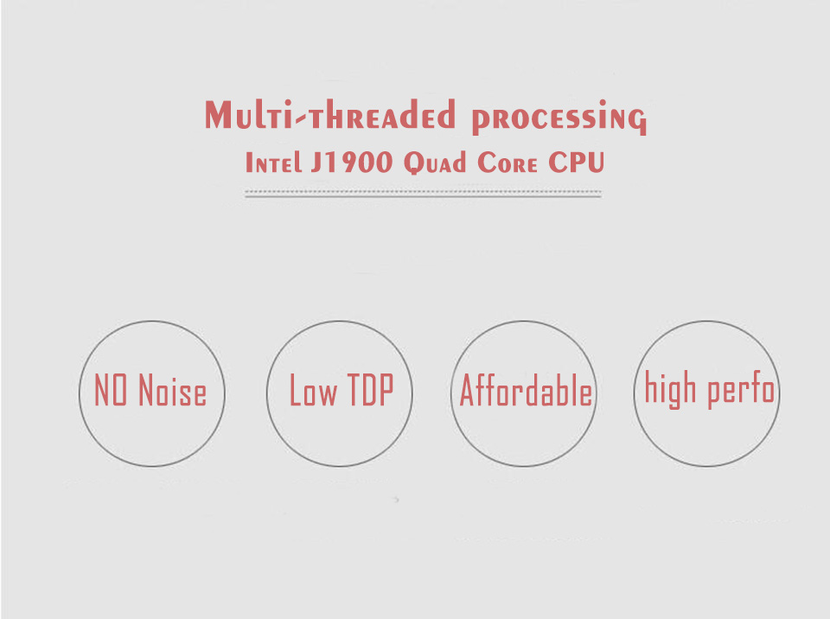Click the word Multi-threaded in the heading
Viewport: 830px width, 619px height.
[329, 114]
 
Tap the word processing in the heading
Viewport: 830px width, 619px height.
[559, 117]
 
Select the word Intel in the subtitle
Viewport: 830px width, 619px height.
[273, 162]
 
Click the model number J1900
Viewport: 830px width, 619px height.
[352, 162]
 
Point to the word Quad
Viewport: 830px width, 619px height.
[435, 163]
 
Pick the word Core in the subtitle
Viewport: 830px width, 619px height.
[508, 163]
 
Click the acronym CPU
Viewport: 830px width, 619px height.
[576, 162]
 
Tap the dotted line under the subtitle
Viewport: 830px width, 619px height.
[423, 192]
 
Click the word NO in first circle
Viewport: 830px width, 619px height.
[111, 390]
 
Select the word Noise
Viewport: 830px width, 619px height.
[173, 390]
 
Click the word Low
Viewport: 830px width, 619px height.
[313, 390]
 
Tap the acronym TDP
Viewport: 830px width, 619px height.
[370, 390]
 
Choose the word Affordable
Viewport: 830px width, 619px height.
[526, 390]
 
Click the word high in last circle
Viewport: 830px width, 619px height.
[670, 389]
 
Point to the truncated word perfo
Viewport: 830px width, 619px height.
[741, 389]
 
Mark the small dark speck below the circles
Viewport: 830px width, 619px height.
[397, 499]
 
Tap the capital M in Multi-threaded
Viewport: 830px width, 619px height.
[218, 114]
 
